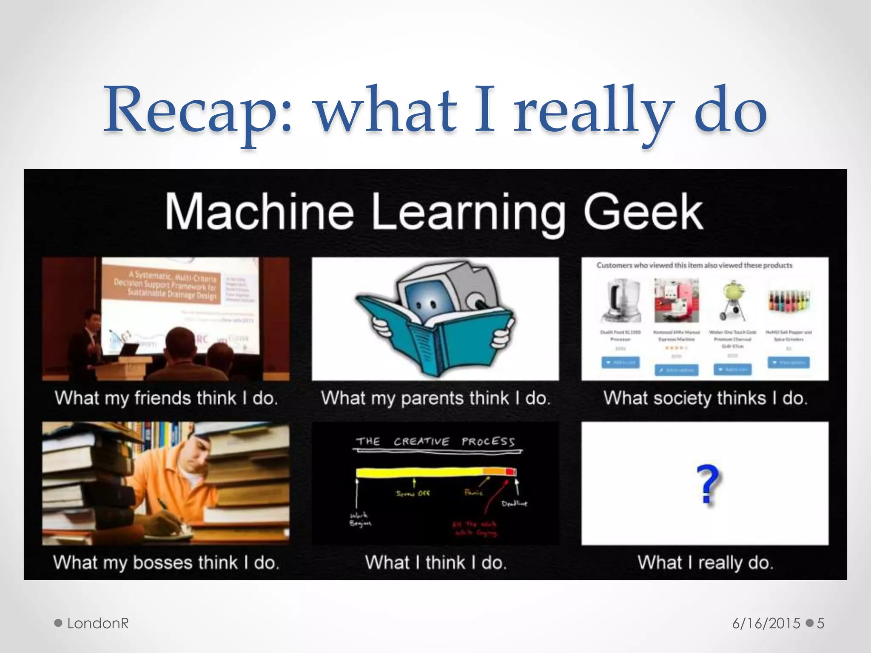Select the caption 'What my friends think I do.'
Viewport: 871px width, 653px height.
click(166, 398)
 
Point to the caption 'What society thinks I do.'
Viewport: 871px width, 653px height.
click(705, 398)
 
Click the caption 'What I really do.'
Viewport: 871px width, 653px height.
click(705, 562)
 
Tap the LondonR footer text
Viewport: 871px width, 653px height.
click(98, 623)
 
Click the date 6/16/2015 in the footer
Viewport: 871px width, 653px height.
click(766, 623)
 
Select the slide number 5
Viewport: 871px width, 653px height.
click(820, 623)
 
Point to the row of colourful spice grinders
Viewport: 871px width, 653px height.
click(789, 300)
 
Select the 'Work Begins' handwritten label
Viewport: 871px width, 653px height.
click(360, 519)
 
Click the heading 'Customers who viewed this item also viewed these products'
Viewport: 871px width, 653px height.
click(694, 265)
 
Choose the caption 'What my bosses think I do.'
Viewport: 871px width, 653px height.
click(166, 562)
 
